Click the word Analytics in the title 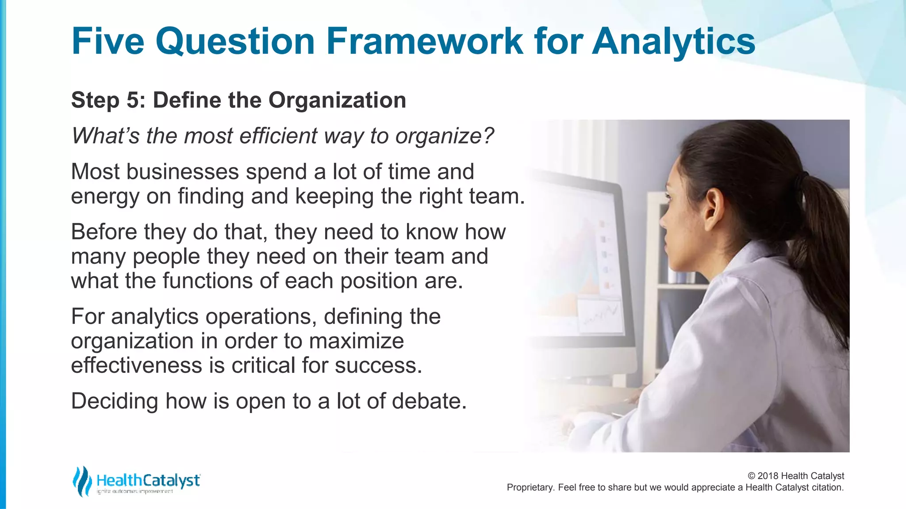(673, 41)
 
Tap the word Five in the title (107, 41)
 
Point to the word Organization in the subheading (337, 100)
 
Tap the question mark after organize (488, 136)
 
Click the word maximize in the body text (356, 341)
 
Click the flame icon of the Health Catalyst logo (82, 481)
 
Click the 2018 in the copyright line (768, 476)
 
